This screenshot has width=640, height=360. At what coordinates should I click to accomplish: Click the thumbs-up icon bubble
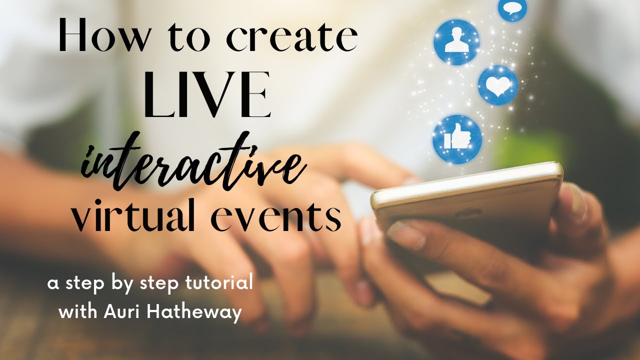[457, 139]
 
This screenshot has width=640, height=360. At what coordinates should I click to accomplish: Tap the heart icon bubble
[497, 85]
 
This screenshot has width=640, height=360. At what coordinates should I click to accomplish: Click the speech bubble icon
[512, 9]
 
